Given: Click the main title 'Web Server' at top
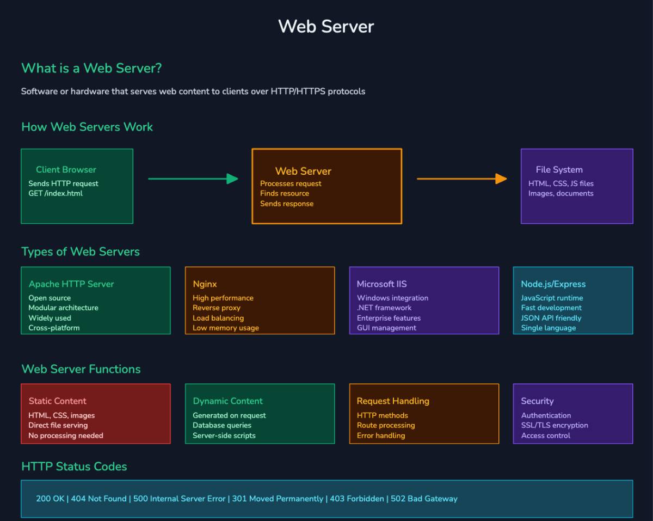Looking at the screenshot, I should tap(326, 26).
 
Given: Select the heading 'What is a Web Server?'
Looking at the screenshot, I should tap(91, 69).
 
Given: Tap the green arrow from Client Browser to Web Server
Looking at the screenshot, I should tap(193, 179).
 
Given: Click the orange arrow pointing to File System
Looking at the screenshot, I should tap(461, 179).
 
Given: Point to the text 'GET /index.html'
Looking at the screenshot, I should tap(56, 193).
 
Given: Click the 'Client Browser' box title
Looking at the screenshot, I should tap(66, 170).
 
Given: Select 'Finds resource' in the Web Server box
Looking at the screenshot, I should tap(285, 193).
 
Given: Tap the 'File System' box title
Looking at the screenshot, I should tap(559, 170).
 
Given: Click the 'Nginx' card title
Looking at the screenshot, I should tap(205, 284).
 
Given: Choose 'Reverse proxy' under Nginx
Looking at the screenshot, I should tap(217, 308).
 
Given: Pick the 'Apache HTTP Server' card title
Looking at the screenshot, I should tap(71, 284).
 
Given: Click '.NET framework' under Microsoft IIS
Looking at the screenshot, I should tap(384, 308).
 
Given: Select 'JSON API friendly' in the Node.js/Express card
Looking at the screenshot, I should tap(551, 318).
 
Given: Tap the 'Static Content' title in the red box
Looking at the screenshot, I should tap(58, 401).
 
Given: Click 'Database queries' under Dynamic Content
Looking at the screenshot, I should tap(222, 425).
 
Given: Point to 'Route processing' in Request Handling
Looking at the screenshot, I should tap(386, 425).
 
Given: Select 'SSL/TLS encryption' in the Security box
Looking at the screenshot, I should tap(555, 425).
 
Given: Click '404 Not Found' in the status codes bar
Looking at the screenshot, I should tap(98, 499).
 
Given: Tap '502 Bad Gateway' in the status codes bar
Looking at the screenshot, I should tap(424, 499).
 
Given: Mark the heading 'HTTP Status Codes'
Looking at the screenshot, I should tap(74, 467).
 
